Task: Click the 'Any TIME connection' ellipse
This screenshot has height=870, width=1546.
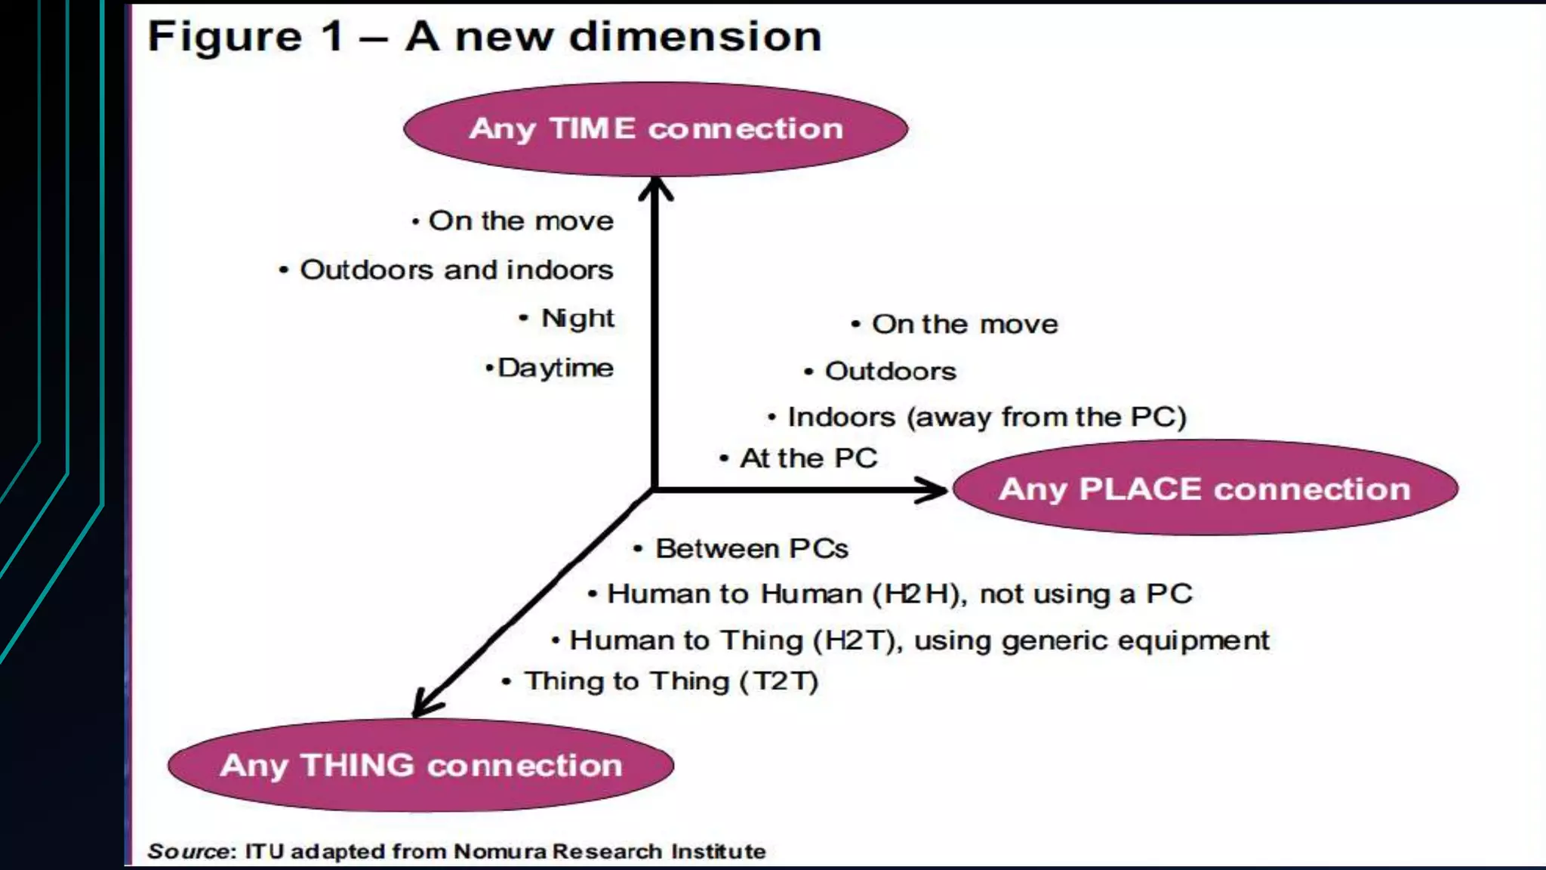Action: click(655, 129)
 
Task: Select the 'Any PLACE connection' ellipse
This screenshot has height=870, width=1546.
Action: click(1205, 489)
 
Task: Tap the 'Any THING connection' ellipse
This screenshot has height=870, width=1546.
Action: click(420, 765)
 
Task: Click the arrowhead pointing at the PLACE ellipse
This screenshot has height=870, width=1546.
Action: click(932, 490)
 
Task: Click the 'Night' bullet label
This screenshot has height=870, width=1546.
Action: click(577, 318)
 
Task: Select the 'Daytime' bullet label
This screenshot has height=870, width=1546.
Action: click(556, 368)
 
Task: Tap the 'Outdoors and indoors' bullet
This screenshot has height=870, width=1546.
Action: click(456, 270)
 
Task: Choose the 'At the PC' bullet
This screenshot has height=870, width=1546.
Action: click(808, 458)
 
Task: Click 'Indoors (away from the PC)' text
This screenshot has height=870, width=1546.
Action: click(987, 417)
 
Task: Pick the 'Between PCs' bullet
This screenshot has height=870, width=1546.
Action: click(751, 548)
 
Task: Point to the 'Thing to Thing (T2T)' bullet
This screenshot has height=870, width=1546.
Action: click(671, 681)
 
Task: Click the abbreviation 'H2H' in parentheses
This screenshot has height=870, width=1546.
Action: click(916, 594)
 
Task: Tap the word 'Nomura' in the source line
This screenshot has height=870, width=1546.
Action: click(500, 852)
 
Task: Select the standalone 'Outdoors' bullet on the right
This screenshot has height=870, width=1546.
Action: click(890, 371)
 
